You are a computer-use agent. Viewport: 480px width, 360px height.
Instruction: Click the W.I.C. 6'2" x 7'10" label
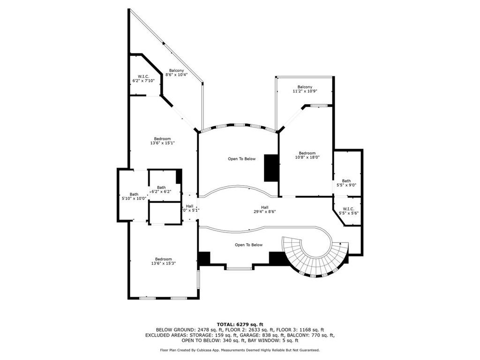143,78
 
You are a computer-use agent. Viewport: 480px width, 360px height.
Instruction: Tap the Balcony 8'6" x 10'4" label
177,73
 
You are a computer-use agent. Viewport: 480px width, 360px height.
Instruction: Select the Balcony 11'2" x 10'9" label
305,89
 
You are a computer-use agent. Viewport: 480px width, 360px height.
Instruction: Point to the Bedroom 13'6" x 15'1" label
163,141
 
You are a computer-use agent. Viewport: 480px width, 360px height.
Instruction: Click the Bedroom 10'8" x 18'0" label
307,155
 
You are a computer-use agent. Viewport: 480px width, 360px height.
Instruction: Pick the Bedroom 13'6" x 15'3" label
164,261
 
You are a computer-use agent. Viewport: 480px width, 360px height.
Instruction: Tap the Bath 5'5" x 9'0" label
346,183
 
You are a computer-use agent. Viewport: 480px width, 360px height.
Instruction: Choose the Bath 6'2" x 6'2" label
161,189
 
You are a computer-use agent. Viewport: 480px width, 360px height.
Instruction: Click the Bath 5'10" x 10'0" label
134,196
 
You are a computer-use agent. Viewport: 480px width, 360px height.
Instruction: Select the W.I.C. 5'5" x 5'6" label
348,211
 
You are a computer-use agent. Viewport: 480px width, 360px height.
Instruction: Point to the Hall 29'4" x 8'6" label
265,210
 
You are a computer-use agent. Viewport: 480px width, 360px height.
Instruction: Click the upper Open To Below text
241,159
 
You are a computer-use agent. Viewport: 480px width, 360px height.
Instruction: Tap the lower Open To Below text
248,245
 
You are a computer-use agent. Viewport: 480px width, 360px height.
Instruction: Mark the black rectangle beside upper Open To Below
271,168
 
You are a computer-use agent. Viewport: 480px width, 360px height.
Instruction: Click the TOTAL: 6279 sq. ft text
240,324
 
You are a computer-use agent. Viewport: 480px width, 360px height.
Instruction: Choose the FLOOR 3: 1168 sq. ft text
300,330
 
